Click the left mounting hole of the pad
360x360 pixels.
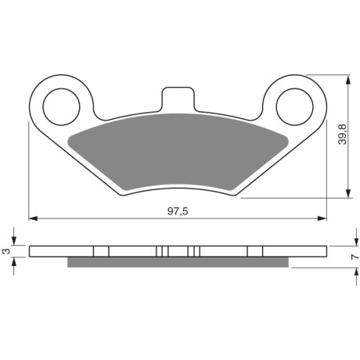tap(61, 107)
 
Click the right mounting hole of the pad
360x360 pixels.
tap(294, 107)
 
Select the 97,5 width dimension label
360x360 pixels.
tap(178, 211)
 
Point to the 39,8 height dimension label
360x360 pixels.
tap(342, 134)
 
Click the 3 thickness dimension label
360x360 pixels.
tap(6, 251)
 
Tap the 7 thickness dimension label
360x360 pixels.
tap(354, 257)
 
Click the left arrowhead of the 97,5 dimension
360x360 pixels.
tap(34, 218)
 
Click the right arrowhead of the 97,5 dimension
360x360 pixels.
tap(322, 218)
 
